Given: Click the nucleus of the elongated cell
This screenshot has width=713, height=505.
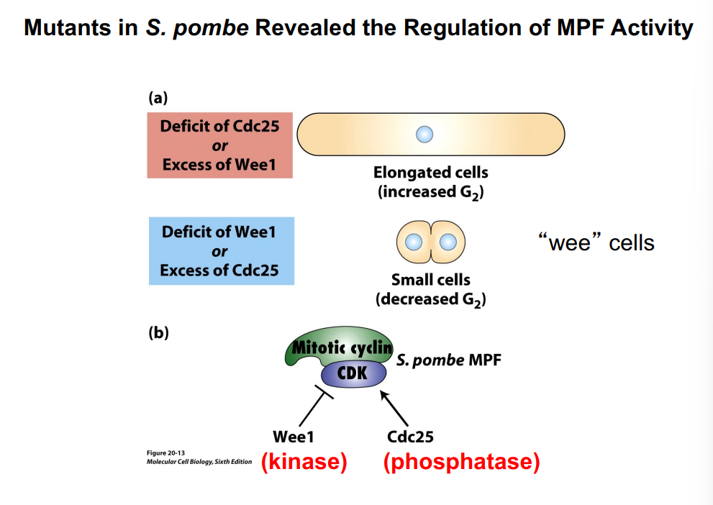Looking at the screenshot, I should (425, 134).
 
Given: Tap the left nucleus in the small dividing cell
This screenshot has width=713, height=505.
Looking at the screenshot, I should (414, 242).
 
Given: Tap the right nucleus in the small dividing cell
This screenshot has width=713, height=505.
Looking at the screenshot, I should (448, 242).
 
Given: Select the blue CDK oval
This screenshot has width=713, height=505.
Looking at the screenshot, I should (353, 373).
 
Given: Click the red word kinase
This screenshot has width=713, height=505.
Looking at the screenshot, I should (304, 463).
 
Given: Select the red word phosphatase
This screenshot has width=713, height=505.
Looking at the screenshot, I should (461, 463).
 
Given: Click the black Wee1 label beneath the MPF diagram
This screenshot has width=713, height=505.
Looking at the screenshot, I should (293, 437).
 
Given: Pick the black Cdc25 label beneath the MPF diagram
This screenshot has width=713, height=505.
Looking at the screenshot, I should (410, 437).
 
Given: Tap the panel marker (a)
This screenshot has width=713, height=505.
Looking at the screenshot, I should (158, 97).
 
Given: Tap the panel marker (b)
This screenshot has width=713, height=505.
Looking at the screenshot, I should (158, 333).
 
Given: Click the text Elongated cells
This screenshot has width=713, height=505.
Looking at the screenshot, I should (430, 173).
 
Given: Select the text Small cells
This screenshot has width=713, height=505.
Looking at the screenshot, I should (430, 279).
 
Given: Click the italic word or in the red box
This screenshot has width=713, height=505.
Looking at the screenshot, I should (219, 145).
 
